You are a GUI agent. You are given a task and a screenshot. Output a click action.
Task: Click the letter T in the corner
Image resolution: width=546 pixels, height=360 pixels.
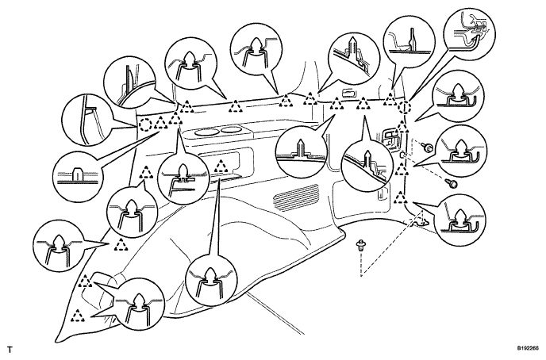[x=10, y=349]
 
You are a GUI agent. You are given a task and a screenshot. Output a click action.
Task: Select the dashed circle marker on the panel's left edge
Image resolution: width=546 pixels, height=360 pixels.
[x=145, y=124]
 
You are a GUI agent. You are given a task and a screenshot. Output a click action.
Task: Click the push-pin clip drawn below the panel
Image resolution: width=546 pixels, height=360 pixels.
[x=360, y=247]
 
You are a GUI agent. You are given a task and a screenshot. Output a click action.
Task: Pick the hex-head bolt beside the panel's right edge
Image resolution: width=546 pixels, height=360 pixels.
[x=427, y=147]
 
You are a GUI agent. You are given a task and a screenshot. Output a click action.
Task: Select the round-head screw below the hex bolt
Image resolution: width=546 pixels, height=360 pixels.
[x=452, y=182]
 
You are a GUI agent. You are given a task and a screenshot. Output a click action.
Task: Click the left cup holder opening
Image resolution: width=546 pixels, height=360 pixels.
[x=206, y=132]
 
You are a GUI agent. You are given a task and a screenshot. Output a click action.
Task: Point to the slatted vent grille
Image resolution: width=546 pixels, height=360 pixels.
[x=296, y=197]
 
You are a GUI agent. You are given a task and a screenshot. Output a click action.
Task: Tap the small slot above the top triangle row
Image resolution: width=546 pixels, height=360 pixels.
[x=349, y=93]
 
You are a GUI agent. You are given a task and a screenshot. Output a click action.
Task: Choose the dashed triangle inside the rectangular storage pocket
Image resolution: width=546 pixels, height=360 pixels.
[x=221, y=167]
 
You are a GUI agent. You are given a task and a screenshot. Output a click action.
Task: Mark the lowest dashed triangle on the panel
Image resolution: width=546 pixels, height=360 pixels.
[x=77, y=316]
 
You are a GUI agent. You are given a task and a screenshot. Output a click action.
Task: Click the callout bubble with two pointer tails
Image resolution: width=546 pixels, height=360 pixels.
[x=139, y=303]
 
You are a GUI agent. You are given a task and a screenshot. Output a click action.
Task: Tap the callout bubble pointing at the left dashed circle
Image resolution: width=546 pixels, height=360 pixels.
[x=87, y=119]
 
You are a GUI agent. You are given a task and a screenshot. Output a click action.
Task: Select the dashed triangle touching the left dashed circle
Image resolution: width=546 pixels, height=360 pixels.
[x=160, y=122]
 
